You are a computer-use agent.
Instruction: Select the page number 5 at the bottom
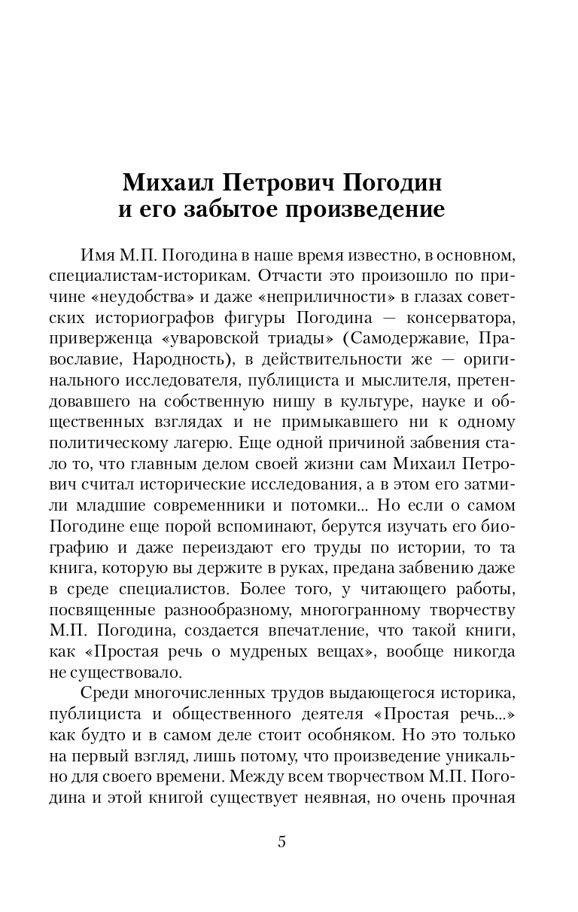pos(282,842)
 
